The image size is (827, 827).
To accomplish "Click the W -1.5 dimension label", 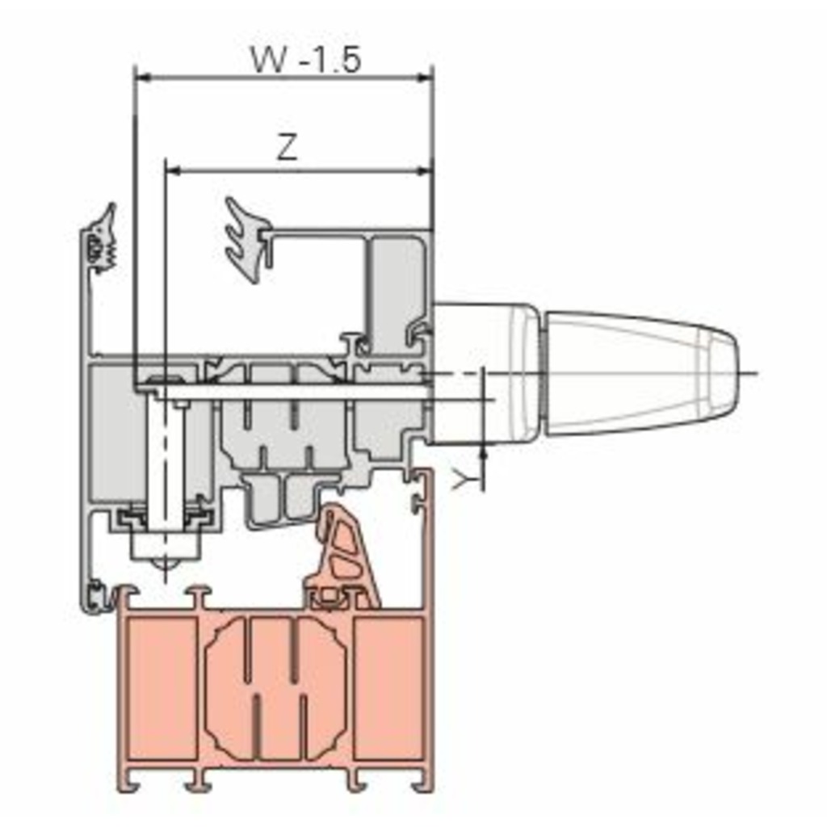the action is pyautogui.click(x=306, y=59).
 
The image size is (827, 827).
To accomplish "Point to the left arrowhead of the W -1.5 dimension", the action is pyautogui.click(x=144, y=78).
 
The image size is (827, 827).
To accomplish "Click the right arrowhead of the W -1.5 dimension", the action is pyautogui.click(x=425, y=78).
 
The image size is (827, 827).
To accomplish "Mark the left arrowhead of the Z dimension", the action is pyautogui.click(x=174, y=171).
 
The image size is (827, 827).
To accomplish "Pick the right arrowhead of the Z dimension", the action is pyautogui.click(x=425, y=171).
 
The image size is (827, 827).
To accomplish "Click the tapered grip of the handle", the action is pyautogui.click(x=640, y=373).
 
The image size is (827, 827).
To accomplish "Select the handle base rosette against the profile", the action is pyautogui.click(x=486, y=373).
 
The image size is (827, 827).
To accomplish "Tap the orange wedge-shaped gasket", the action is pyautogui.click(x=343, y=558).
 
